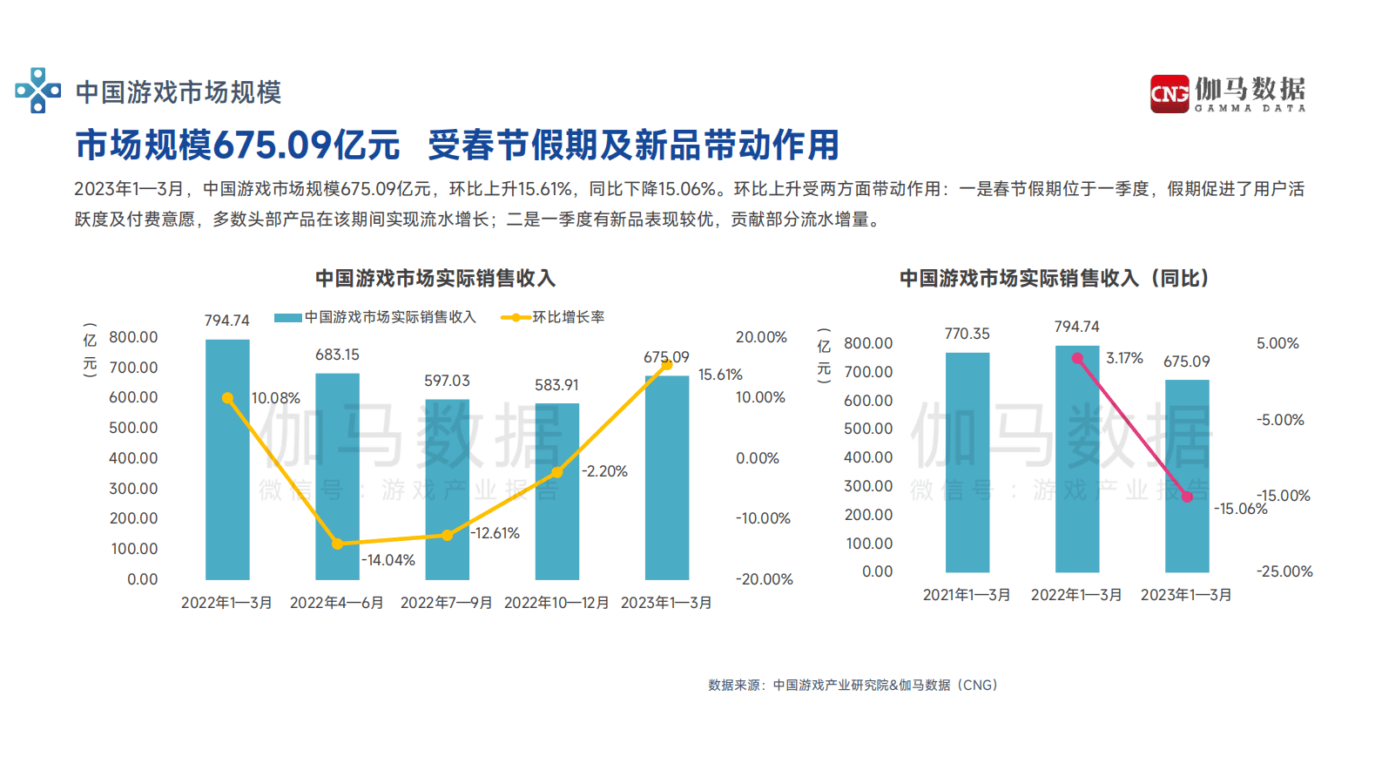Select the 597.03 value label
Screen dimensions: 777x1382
tap(447, 381)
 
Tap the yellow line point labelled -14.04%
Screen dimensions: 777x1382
tap(338, 544)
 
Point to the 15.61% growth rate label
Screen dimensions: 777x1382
tap(720, 375)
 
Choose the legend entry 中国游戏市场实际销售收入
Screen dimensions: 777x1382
tap(375, 317)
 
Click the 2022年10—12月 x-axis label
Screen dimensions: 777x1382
tap(556, 603)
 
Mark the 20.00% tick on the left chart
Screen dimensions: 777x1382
tap(761, 337)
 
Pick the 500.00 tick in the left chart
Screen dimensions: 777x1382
tap(133, 428)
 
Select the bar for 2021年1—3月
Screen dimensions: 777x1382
tap(967, 462)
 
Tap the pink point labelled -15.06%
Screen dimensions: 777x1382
tap(1187, 497)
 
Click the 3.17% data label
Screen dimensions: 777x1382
tap(1124, 358)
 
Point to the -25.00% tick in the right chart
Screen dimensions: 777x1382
tap(1284, 571)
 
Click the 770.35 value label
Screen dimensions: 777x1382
tap(967, 334)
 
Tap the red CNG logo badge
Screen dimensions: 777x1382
tap(1169, 93)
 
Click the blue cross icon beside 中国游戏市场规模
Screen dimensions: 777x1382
tap(37, 91)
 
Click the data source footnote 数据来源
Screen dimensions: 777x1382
tap(853, 686)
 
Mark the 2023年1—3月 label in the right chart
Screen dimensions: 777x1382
tap(1186, 595)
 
